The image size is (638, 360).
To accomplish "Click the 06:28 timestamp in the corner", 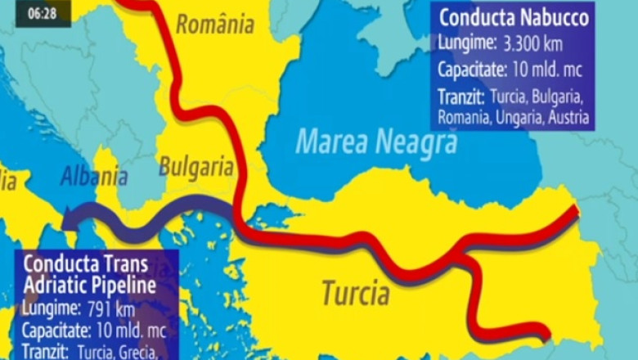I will tap(42, 14).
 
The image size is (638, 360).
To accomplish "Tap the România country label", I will tap(214, 25).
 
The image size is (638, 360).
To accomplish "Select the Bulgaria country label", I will tap(195, 166).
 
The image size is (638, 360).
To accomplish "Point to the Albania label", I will tap(94, 176).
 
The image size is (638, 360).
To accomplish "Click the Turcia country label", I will tap(355, 292).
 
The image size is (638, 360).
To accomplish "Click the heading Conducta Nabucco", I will tap(514, 17).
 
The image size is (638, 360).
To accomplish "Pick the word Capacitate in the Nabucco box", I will tap(474, 68).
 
